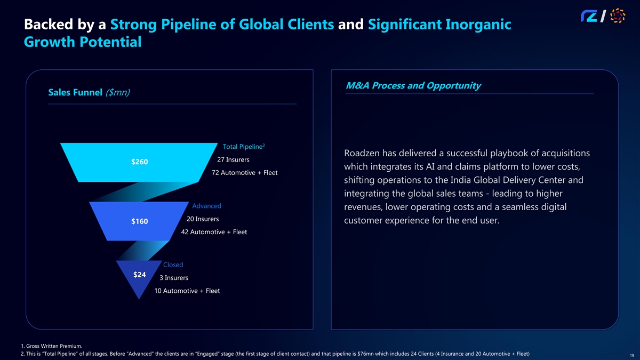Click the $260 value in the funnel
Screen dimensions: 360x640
point(140,162)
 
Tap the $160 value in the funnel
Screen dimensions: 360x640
point(140,222)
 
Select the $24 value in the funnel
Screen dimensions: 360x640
point(139,275)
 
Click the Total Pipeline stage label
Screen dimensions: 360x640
point(244,147)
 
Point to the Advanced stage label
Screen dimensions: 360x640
point(206,206)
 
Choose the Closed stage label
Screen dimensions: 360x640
point(173,265)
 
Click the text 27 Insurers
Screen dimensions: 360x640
point(234,159)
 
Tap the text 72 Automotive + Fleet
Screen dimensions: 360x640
point(244,173)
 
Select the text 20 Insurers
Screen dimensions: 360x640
point(203,219)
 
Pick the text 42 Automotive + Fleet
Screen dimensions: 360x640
point(214,232)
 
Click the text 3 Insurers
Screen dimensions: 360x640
point(173,278)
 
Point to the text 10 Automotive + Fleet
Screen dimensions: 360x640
point(187,291)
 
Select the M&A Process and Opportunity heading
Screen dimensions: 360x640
point(413,85)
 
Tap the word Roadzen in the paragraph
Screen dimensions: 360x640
point(364,154)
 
